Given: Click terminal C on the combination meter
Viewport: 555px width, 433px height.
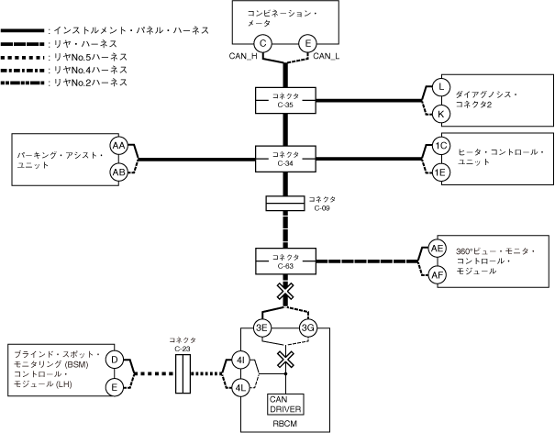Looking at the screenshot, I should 263,42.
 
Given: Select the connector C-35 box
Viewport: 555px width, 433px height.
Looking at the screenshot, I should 285,100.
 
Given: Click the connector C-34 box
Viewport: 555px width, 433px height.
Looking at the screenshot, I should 285,156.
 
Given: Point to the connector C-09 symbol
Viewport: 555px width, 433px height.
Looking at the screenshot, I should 285,203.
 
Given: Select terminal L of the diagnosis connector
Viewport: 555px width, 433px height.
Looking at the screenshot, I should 440,86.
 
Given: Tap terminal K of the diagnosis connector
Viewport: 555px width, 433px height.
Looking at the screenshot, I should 440,113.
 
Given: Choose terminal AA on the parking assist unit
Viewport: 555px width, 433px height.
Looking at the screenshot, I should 118,146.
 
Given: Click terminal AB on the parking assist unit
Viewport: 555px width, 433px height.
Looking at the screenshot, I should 118,171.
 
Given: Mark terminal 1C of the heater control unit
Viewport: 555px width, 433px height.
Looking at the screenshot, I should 441,146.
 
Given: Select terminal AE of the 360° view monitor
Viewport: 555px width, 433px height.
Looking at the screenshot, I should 438,249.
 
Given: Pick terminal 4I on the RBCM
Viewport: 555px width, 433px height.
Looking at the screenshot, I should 241,361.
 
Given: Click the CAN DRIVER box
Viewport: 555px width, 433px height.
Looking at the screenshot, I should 285,403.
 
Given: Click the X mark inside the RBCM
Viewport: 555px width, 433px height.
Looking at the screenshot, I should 285,357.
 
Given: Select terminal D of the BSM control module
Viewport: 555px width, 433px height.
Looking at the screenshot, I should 115,360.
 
